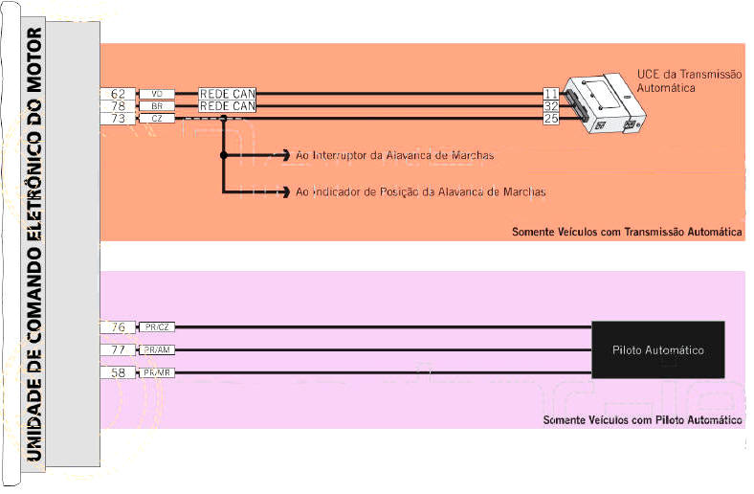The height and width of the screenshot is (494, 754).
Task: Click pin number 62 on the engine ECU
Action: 119,94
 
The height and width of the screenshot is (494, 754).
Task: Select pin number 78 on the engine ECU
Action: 119,106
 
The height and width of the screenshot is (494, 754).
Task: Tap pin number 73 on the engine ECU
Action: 119,119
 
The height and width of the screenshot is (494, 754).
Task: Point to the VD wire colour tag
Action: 157,94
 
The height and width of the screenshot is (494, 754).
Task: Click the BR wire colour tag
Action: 157,106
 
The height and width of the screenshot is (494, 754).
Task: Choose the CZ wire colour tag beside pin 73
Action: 157,119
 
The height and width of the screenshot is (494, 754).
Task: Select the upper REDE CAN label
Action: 227,94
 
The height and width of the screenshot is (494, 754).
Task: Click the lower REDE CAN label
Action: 227,106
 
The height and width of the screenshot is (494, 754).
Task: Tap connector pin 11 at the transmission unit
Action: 551,94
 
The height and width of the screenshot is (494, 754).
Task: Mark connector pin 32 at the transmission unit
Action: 551,106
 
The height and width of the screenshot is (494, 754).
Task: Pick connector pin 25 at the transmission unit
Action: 551,119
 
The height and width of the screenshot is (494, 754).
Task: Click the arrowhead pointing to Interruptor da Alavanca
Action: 286,154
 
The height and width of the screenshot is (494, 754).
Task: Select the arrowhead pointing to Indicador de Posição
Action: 286,191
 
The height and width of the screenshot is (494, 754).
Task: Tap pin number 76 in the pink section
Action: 119,327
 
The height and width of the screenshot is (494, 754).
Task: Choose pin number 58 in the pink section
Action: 119,371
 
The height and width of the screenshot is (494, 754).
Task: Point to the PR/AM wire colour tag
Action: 156,350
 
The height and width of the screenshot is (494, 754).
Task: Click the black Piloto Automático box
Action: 657,349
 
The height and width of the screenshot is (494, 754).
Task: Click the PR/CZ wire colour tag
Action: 156,327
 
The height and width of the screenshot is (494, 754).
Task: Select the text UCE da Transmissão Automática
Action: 689,80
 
